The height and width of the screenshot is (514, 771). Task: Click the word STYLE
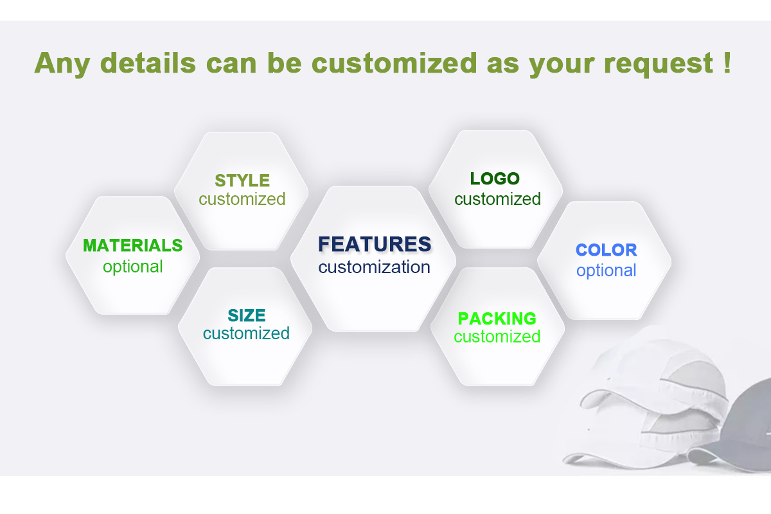pos(242,181)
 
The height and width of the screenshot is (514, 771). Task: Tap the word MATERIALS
pos(133,245)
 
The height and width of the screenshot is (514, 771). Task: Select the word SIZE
pos(246,315)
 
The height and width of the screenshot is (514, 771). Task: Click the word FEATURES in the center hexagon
pos(375,244)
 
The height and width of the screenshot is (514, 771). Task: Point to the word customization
pos(374,267)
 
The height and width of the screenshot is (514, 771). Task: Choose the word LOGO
pos(495,179)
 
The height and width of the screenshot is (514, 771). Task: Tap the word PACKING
pos(497,319)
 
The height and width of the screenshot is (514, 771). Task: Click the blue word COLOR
pos(606,250)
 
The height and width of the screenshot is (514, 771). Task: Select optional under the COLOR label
pos(606,270)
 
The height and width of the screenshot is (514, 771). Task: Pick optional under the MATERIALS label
pos(133,267)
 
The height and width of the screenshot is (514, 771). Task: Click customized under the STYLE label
pos(242,199)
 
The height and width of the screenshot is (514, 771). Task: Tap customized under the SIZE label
pos(246,333)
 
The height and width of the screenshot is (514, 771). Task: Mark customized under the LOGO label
pos(497,199)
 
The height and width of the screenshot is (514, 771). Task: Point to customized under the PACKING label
pos(497,337)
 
